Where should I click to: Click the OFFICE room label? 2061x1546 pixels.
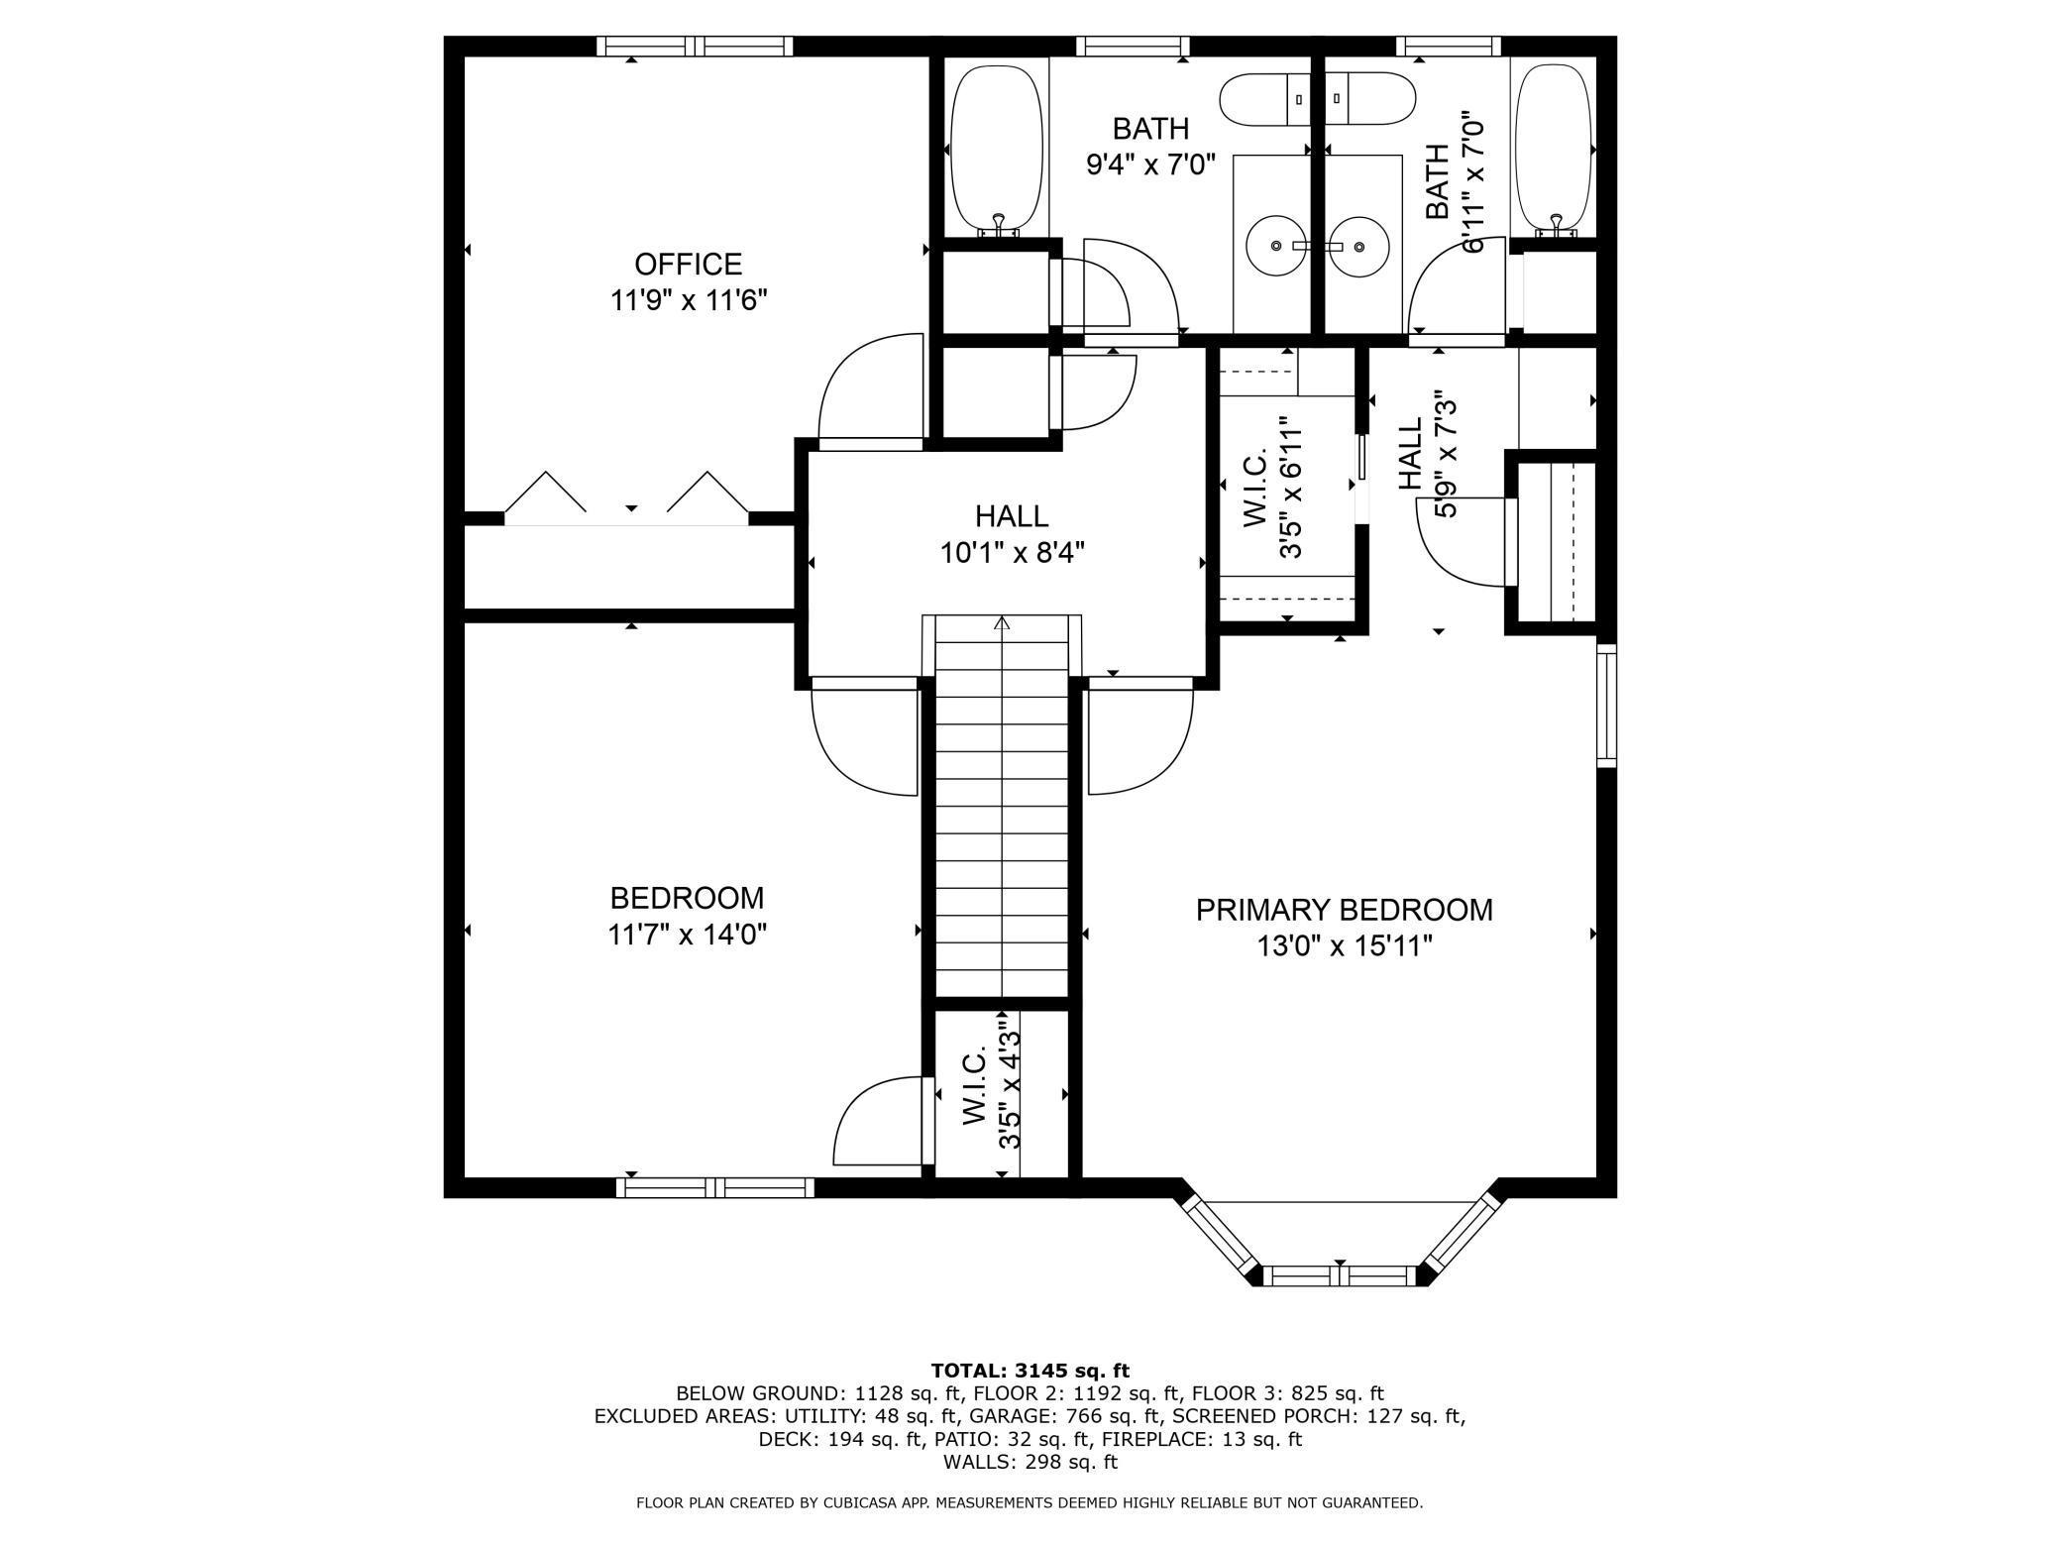coord(688,265)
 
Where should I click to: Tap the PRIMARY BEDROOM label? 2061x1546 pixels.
coord(1344,910)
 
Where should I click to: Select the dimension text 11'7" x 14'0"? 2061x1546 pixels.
coord(688,934)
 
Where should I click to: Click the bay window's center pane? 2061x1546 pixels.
coord(1340,1275)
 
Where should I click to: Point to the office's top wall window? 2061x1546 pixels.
coord(695,46)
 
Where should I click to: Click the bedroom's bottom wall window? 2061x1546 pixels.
coord(714,1187)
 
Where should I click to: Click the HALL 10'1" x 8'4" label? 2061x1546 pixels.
coord(1012,534)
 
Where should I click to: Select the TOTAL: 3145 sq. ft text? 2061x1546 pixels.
coord(1030,1371)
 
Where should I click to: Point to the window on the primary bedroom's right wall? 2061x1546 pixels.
coord(1606,705)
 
